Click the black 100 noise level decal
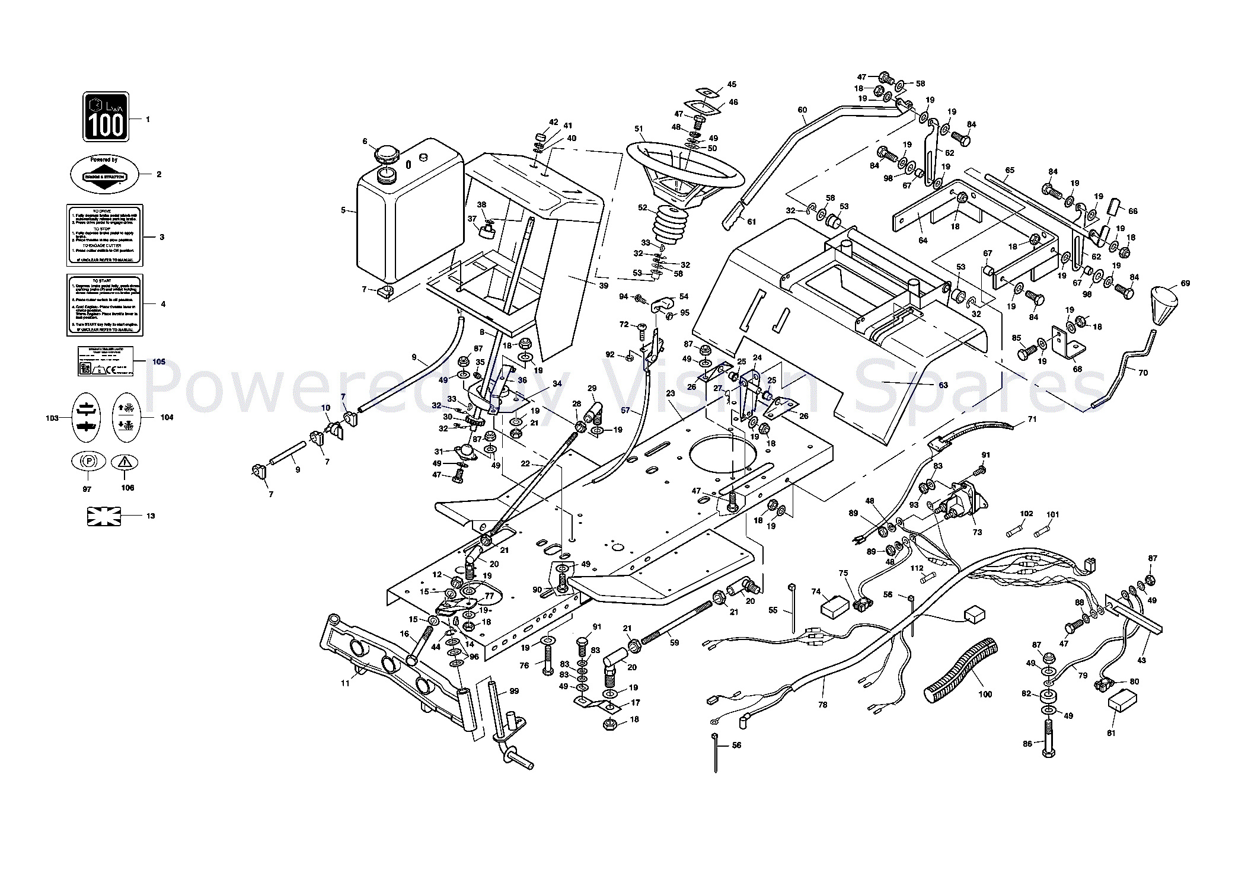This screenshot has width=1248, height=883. tap(106, 117)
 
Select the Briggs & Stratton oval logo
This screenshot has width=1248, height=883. tap(104, 175)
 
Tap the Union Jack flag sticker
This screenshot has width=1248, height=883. tap(104, 516)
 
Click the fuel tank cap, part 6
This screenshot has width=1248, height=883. tap(388, 156)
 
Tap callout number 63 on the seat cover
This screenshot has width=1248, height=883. tap(943, 385)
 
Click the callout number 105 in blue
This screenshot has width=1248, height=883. tap(159, 361)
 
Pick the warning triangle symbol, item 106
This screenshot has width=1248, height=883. tap(125, 462)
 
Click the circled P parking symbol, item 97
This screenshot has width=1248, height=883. tap(88, 461)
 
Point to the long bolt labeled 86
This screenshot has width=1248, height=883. tap(1048, 738)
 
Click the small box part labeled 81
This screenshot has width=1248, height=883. tap(1122, 700)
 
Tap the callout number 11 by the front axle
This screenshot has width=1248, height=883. tap(345, 683)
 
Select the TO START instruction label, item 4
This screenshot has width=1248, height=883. tap(104, 304)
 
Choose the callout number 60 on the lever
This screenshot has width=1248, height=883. tap(802, 110)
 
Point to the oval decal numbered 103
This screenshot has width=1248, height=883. tap(85, 417)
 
